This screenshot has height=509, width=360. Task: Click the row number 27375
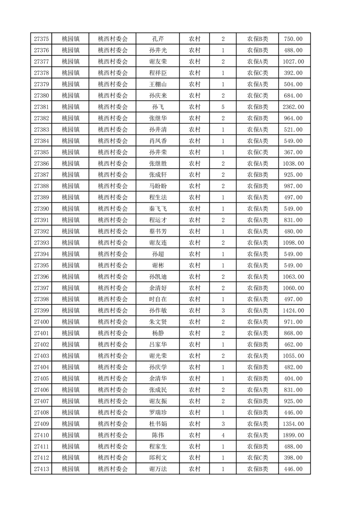pyautogui.click(x=41, y=39)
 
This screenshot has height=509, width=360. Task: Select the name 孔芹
pyautogui.click(x=158, y=39)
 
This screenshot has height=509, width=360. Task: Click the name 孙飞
pyautogui.click(x=158, y=107)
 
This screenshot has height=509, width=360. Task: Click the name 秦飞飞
pyautogui.click(x=158, y=209)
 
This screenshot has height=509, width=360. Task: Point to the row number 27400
pyautogui.click(x=41, y=322)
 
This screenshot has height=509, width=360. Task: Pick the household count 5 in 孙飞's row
pyautogui.click(x=223, y=107)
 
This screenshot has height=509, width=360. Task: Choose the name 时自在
pyautogui.click(x=158, y=299)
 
